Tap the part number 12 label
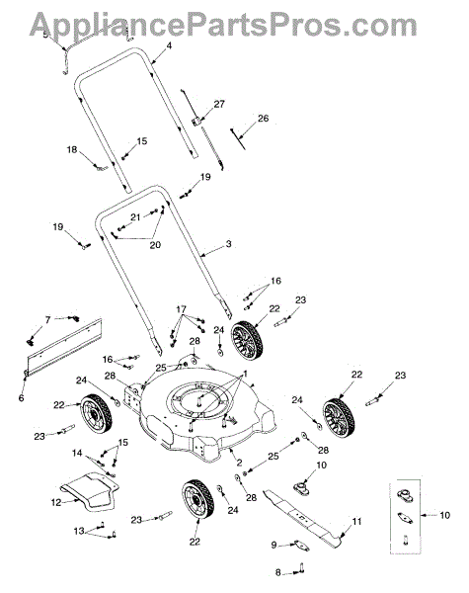click(56, 503)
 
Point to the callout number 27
click(219, 104)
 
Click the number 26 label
click(263, 119)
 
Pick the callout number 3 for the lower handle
click(228, 244)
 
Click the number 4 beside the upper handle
click(169, 45)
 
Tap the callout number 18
click(72, 150)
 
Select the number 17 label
click(181, 309)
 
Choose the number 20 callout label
click(155, 245)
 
